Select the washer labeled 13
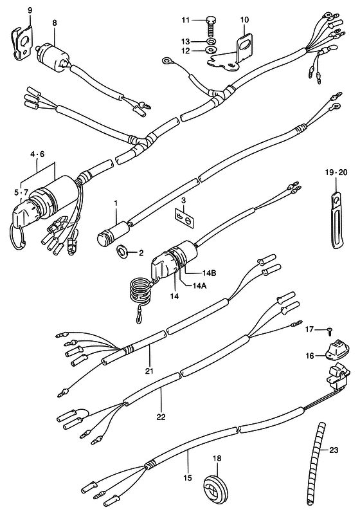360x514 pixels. [212, 42]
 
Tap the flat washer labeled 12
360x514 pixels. [211, 50]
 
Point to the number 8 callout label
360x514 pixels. [55, 23]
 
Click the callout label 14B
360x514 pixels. [208, 272]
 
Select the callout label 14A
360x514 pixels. [199, 284]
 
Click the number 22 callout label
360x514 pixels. [161, 416]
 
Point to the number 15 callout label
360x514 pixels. [187, 477]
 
